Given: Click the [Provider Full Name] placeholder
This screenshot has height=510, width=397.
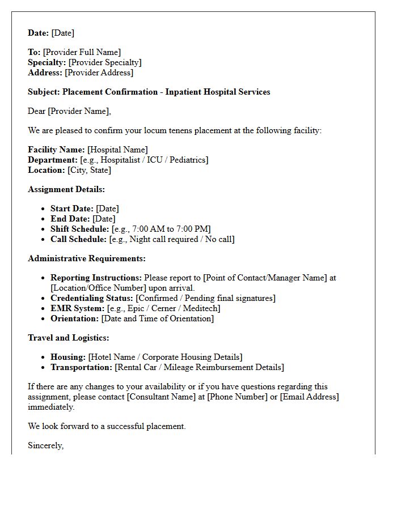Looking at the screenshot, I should coord(82,52).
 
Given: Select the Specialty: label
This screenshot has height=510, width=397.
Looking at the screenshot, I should coord(47,62).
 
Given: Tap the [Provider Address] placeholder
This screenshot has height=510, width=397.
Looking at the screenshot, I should coord(99,73).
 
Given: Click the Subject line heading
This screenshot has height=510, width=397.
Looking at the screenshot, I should coord(149,92).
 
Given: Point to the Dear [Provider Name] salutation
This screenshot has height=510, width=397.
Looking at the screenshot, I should coord(69,111).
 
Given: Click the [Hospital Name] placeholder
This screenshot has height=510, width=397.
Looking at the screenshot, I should coord(117,150).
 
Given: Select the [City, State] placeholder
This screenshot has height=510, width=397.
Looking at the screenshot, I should coord(89,170).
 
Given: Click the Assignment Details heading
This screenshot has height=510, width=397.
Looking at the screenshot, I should coord(66,189).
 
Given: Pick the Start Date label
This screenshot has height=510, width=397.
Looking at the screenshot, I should coord(72,209).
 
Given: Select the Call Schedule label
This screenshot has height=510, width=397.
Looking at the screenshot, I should coord(78,239).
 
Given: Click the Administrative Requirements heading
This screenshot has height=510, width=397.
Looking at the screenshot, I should coord(87,258).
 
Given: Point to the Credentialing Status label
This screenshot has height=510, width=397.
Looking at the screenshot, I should coord(92,298).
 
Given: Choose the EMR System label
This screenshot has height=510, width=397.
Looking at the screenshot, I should coord(78,308).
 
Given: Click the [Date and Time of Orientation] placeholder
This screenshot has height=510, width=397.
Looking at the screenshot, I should coord(158,318).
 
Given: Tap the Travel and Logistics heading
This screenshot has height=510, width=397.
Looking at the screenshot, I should coord(69,338).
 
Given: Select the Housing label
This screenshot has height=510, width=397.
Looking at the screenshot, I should coord(68,357).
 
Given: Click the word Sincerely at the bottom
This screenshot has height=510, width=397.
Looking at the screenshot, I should coord(45,445).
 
